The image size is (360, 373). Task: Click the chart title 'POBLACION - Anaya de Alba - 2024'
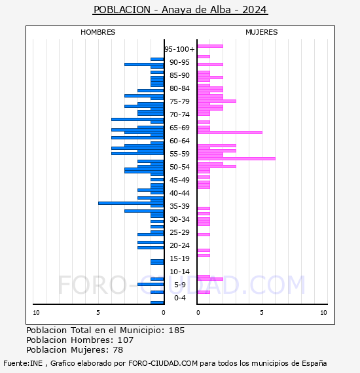[181, 10]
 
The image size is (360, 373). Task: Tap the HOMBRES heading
[98, 32]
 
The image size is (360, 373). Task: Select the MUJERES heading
[262, 32]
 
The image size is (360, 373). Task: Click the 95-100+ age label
[179, 49]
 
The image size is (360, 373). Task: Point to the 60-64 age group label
[179, 141]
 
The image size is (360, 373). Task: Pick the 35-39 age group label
[179, 206]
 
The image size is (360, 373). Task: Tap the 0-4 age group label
[179, 298]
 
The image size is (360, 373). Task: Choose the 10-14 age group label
[179, 272]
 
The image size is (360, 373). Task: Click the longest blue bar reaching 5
[131, 203]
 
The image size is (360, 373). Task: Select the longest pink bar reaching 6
[236, 158]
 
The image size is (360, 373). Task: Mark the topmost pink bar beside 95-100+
[210, 46]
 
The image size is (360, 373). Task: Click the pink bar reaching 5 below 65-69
[230, 132]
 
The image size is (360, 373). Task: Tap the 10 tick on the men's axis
[36, 313]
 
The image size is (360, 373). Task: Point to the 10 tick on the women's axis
[323, 313]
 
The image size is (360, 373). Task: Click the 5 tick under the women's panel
[262, 313]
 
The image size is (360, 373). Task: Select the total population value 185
[177, 330]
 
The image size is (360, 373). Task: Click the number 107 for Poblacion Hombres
[126, 340]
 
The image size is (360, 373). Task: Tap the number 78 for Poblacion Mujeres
[118, 349]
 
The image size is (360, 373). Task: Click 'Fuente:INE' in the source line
[23, 363]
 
